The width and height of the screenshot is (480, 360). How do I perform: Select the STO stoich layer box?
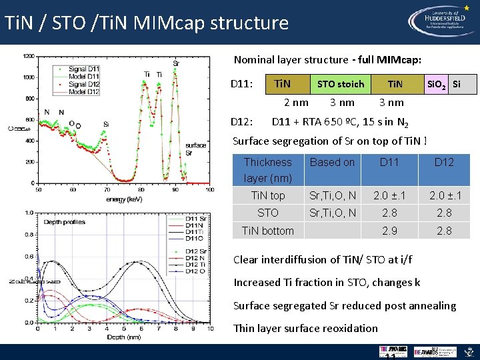[x=341, y=84]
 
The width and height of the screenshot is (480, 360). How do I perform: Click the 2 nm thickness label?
[x=296, y=102]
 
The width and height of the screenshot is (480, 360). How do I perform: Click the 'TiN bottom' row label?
[x=268, y=231]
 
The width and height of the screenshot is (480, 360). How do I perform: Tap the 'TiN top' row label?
[x=268, y=195]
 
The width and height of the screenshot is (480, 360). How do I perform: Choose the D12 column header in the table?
[x=444, y=162]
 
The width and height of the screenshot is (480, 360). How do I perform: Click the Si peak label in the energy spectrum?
[x=106, y=124]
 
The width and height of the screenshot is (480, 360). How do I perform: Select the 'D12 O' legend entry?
[x=194, y=271]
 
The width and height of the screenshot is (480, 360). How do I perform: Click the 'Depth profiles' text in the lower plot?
[x=65, y=222]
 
